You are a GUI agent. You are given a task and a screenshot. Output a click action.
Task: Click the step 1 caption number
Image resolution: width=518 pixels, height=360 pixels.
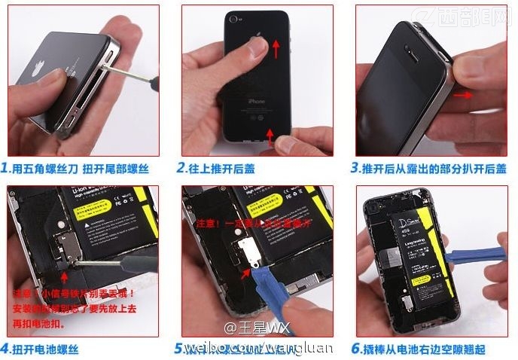5,169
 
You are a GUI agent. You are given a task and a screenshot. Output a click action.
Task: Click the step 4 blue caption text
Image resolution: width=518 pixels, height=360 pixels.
44,349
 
